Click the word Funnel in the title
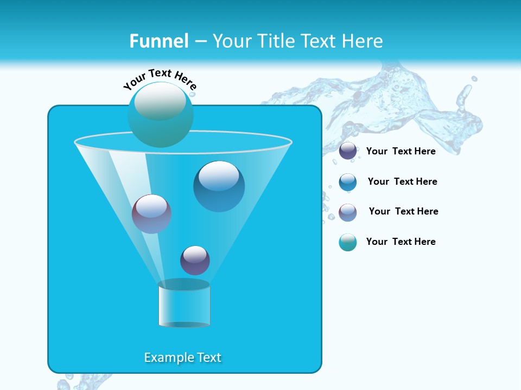pos(158,41)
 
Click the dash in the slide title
pos(200,42)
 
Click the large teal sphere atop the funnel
pos(160,115)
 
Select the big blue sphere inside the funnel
pos(219,186)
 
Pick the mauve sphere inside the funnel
pos(151,214)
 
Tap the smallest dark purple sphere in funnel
pos(195,261)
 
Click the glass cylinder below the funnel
pos(184,307)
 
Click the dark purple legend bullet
pos(348,151)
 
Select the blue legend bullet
pos(348,182)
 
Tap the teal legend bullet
pos(348,242)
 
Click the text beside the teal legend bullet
pos(401,242)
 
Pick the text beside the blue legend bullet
pos(403,181)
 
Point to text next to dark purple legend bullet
pos(401,151)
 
